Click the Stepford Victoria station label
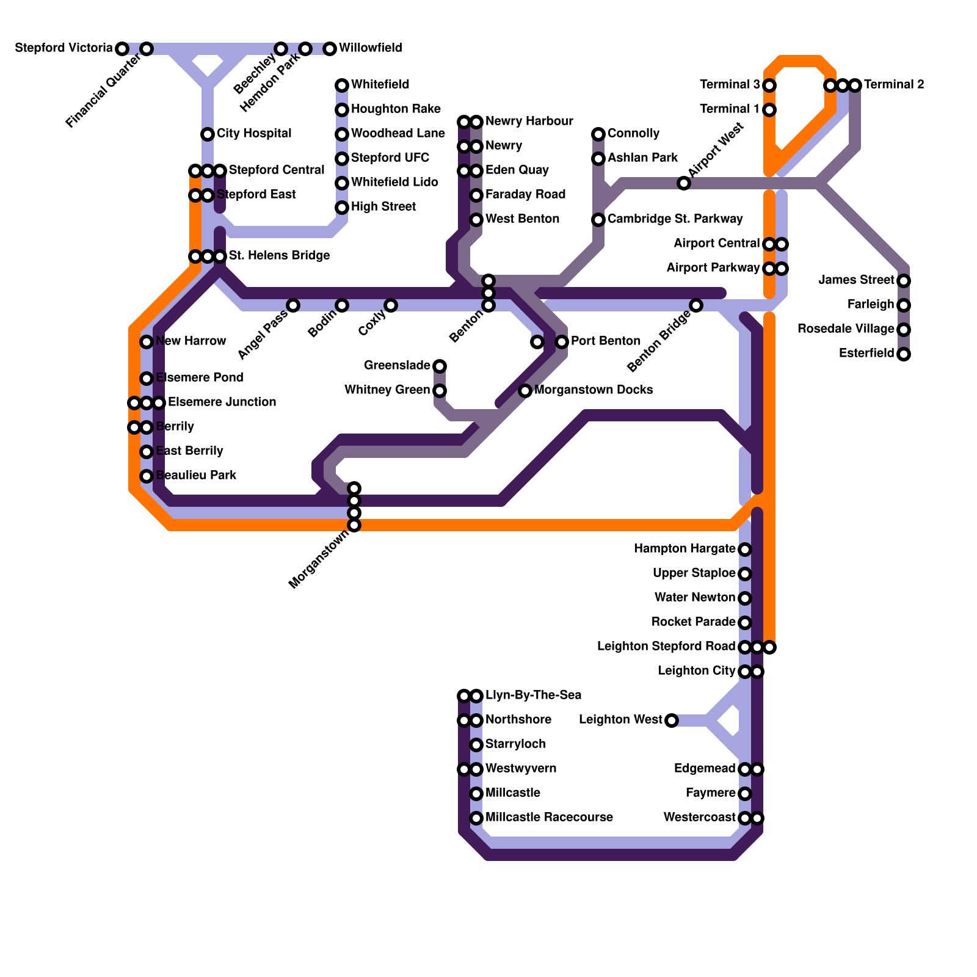pyautogui.click(x=64, y=48)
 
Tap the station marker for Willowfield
pyautogui.click(x=330, y=49)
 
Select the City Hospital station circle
pyautogui.click(x=208, y=134)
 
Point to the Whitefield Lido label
pyautogui.click(x=394, y=183)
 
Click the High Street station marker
pyautogui.click(x=342, y=208)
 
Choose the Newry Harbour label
pyautogui.click(x=529, y=122)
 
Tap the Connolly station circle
pyautogui.click(x=598, y=134)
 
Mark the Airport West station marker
pyautogui.click(x=684, y=183)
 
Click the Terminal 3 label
pyautogui.click(x=730, y=85)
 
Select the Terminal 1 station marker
pyautogui.click(x=769, y=110)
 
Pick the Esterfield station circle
pyautogui.click(x=904, y=354)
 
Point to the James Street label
pyautogui.click(x=856, y=280)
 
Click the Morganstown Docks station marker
pyautogui.click(x=525, y=391)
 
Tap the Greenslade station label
pyautogui.click(x=397, y=366)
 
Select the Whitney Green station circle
pyautogui.click(x=440, y=391)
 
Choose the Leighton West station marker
pyautogui.click(x=672, y=721)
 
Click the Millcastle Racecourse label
pyautogui.click(x=549, y=818)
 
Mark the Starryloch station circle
pyautogui.click(x=476, y=745)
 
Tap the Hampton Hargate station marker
pyautogui.click(x=745, y=550)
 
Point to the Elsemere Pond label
pyautogui.click(x=199, y=378)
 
